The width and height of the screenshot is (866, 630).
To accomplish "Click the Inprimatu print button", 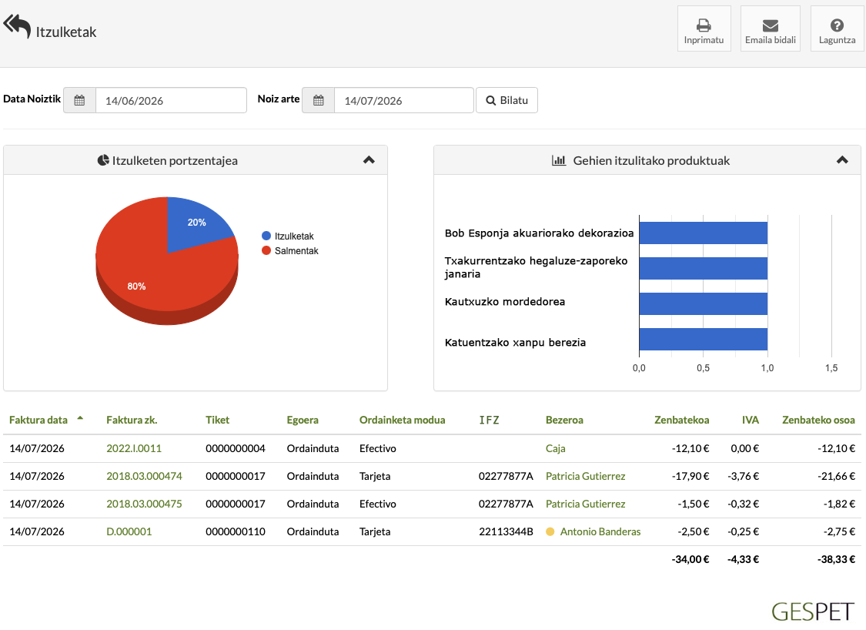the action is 704,28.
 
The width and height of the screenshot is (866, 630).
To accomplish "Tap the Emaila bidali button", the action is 770,28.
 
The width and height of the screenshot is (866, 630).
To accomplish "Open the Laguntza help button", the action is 837,28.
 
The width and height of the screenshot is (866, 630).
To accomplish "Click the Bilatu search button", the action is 507,100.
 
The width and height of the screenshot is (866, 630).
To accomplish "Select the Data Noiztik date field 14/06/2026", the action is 171,101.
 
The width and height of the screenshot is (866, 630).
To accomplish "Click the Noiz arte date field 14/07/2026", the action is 403,101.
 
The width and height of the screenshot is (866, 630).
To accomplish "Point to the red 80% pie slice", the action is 144,276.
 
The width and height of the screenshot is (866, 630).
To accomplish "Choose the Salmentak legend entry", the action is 290,251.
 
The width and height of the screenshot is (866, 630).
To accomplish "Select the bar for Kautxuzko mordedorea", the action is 703,303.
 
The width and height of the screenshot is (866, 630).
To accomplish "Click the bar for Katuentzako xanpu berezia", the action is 703,340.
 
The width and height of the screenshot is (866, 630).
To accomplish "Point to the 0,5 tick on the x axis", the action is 703,368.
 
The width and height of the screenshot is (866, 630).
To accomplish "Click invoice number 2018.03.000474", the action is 144,477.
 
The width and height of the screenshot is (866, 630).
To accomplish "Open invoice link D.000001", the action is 129,531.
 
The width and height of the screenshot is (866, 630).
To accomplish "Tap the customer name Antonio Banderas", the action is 600,531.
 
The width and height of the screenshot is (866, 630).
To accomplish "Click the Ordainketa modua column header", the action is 402,420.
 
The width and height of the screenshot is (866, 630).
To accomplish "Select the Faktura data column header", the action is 38,420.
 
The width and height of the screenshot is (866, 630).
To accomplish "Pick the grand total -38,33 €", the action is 836,559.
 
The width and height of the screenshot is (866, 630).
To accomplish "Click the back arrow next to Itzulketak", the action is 17,26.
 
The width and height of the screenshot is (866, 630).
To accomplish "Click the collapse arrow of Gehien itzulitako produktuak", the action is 842,160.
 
